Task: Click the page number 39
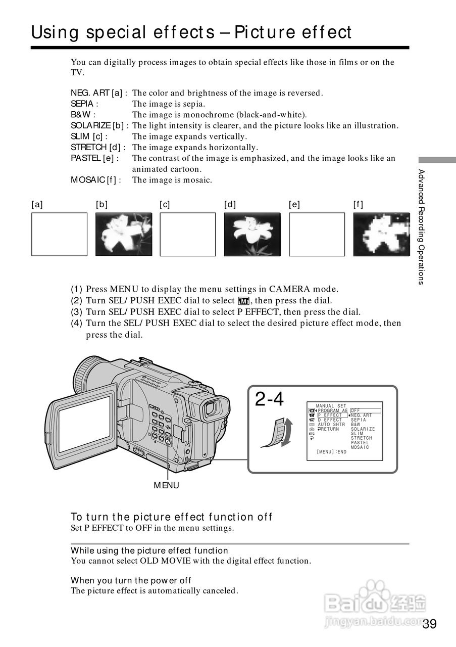[429, 624]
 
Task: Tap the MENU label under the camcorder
[166, 485]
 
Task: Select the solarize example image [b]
[124, 234]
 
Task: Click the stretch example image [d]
[252, 234]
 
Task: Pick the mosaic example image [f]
[381, 234]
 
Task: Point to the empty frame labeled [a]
[59, 234]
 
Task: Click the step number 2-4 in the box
[269, 400]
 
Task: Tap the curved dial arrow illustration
[277, 433]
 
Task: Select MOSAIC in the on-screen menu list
[360, 447]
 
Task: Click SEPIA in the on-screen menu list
[359, 420]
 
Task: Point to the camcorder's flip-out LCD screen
[84, 424]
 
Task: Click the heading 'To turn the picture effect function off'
[171, 517]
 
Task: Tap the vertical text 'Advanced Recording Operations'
[421, 227]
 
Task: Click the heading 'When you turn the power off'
[131, 580]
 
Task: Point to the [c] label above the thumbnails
[165, 205]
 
